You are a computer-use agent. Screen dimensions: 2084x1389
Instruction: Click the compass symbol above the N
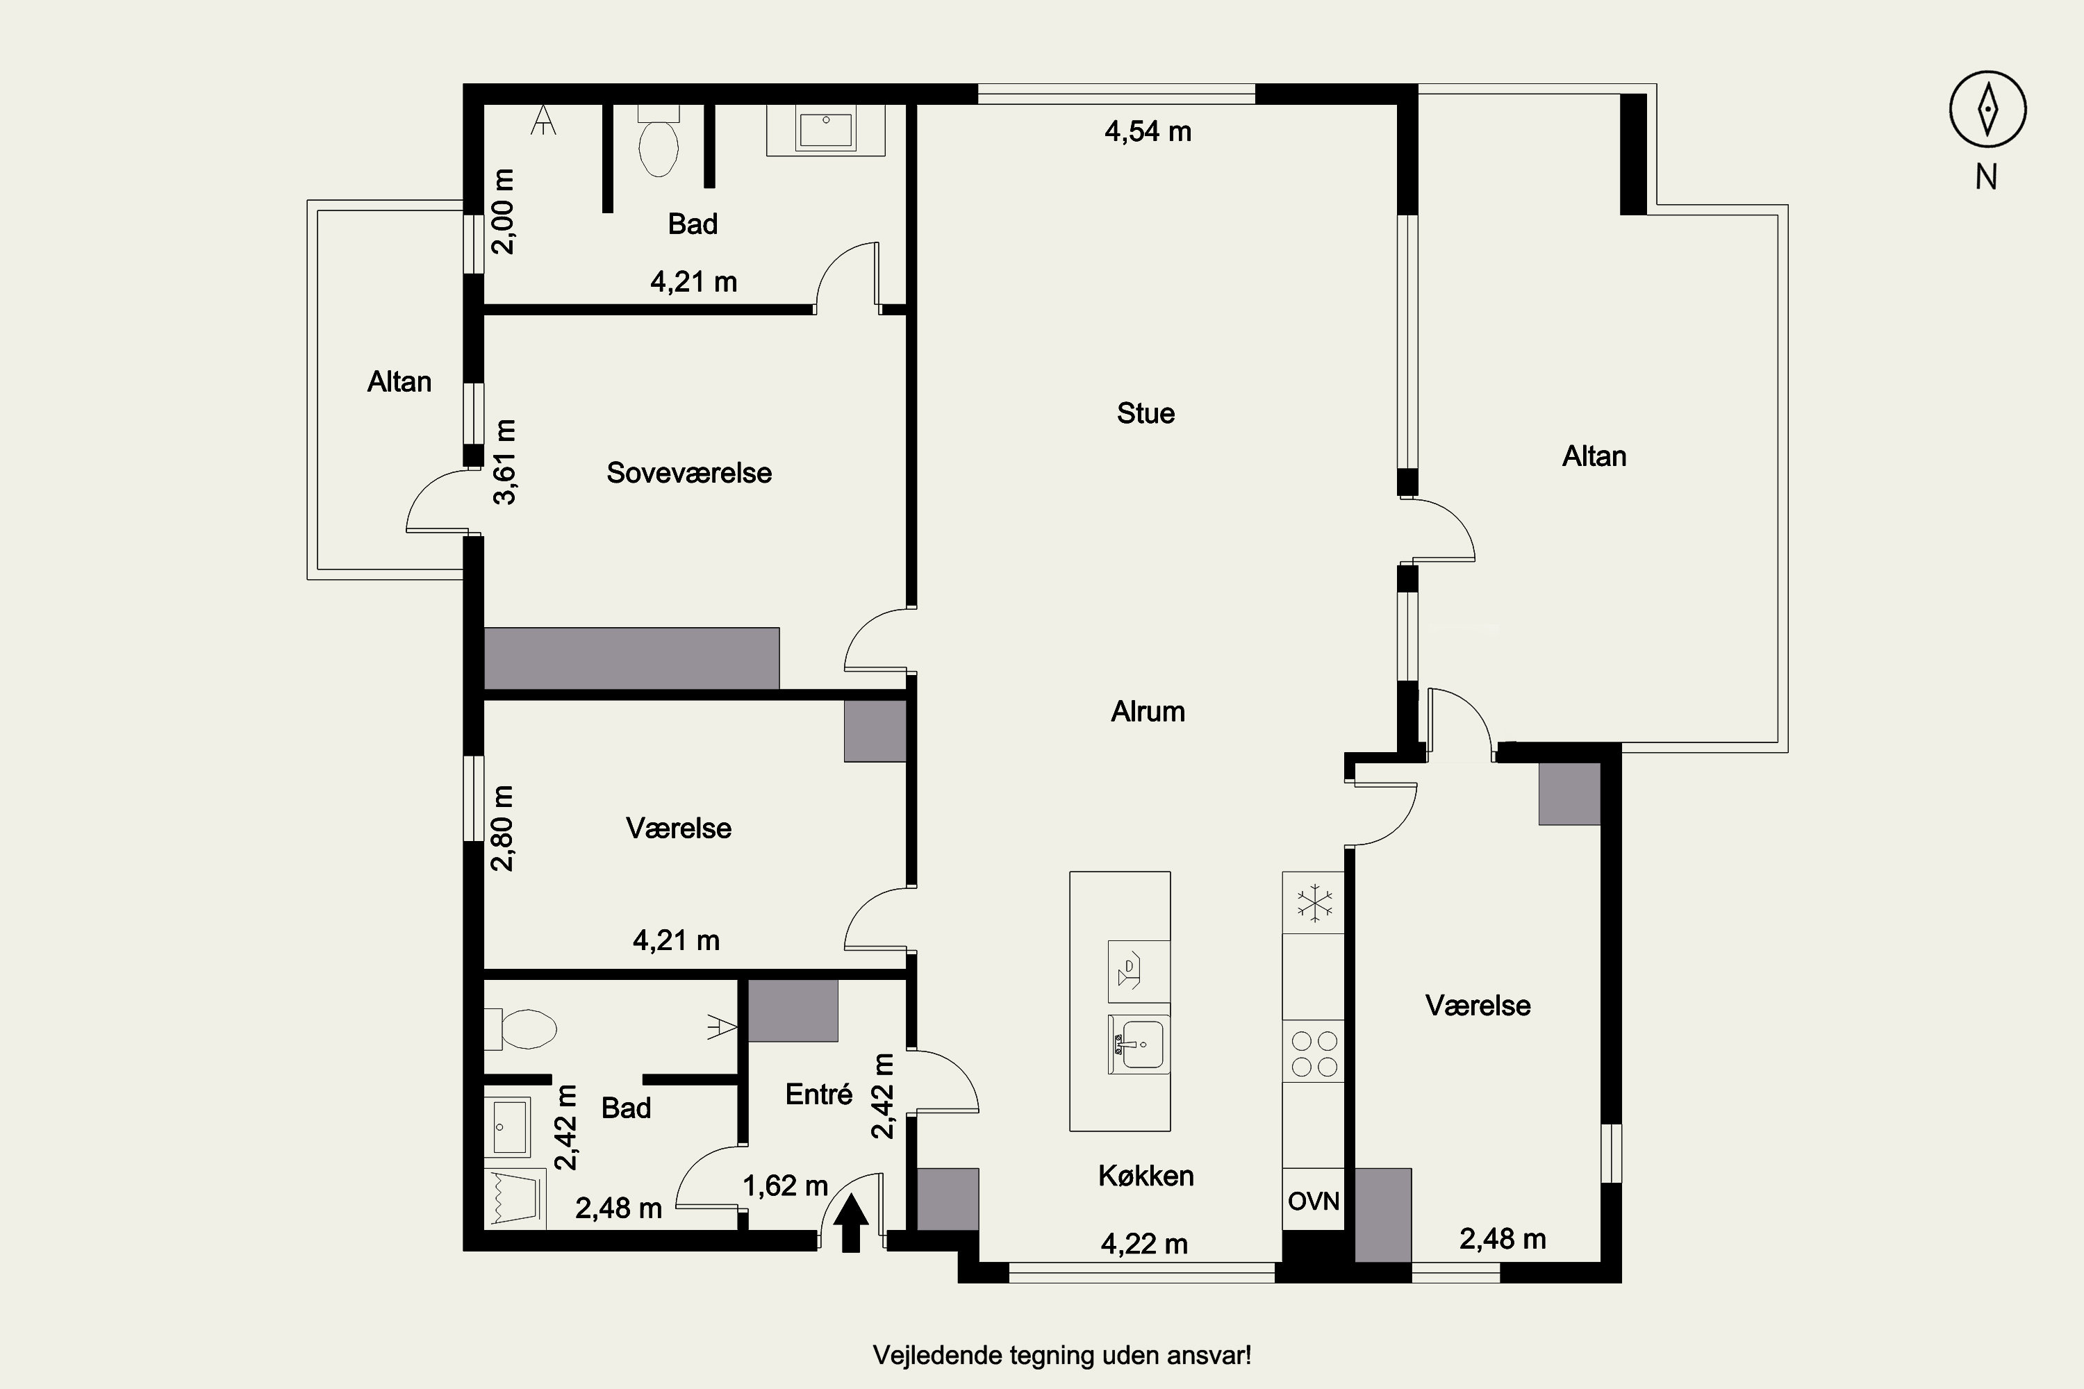pyautogui.click(x=1987, y=109)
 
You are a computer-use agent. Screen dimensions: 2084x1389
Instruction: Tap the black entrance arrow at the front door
pyautogui.click(x=850, y=1222)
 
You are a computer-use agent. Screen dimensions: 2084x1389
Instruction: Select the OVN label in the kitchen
pyautogui.click(x=1313, y=1201)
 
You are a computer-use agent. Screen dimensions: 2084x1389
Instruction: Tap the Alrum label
pyautogui.click(x=1148, y=711)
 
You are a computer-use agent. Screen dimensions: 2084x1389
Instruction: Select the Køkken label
pyautogui.click(x=1146, y=1176)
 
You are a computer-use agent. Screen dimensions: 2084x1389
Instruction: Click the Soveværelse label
pyautogui.click(x=688, y=473)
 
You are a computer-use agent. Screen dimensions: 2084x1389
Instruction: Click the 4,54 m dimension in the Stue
pyautogui.click(x=1148, y=132)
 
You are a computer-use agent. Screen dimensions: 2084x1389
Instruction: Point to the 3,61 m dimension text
pyautogui.click(x=504, y=462)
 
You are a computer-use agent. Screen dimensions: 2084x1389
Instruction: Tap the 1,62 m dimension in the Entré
pyautogui.click(x=785, y=1186)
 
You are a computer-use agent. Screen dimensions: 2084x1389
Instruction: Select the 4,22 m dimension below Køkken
pyautogui.click(x=1144, y=1245)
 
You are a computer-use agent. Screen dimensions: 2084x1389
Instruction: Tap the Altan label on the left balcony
pyautogui.click(x=399, y=382)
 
